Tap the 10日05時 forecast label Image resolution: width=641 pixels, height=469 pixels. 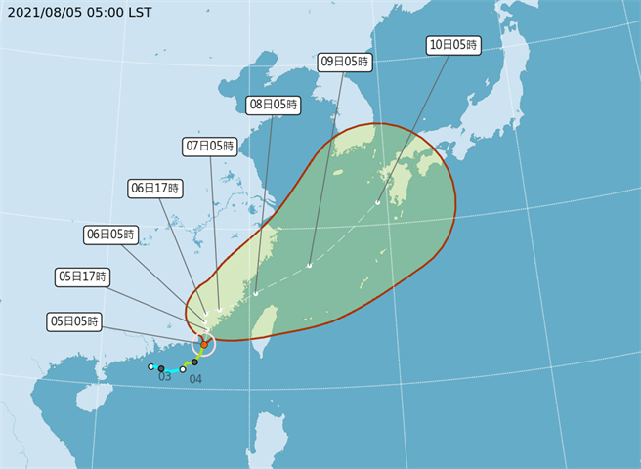pos(453,44)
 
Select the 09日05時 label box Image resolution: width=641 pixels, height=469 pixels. pos(345,62)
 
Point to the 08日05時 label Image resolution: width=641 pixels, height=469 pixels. pos(274,105)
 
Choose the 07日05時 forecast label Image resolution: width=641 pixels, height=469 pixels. pos(210,146)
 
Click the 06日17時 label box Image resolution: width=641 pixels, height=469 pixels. pos(154,189)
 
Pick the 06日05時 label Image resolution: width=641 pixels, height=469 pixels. pos(110,234)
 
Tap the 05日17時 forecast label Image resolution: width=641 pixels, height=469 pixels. pos(82,277)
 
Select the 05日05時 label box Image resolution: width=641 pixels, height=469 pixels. pos(74,320)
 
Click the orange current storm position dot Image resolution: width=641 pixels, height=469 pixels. pos(203,344)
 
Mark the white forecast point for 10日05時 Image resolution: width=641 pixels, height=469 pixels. pos(378,203)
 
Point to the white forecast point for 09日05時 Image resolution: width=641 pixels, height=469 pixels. pos(309,265)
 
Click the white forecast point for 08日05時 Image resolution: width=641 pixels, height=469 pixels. pos(255,292)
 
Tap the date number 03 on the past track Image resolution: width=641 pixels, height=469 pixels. pos(164,376)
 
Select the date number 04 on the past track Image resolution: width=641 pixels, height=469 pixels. pos(195,378)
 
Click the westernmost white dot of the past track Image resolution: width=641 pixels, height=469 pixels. pos(150,366)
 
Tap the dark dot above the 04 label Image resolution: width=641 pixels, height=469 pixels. pos(194,362)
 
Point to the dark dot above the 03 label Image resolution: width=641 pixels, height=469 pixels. pos(161,369)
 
